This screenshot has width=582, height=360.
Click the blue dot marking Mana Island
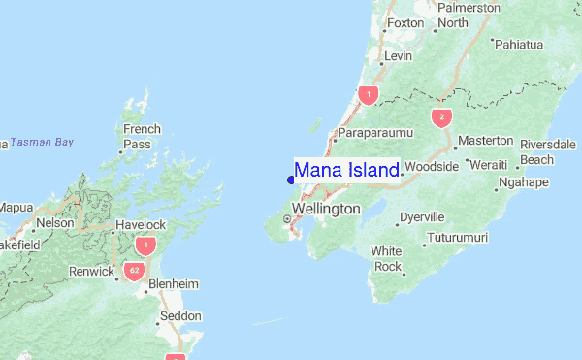[291, 179]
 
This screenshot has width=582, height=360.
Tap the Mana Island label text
[346, 171]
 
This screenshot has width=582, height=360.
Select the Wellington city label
[326, 209]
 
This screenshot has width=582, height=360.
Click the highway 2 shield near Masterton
[442, 117]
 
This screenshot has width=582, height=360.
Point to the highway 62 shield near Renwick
[133, 272]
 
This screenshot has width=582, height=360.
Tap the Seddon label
[180, 316]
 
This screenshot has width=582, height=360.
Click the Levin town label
[399, 57]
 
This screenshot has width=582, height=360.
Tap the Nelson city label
[54, 222]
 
